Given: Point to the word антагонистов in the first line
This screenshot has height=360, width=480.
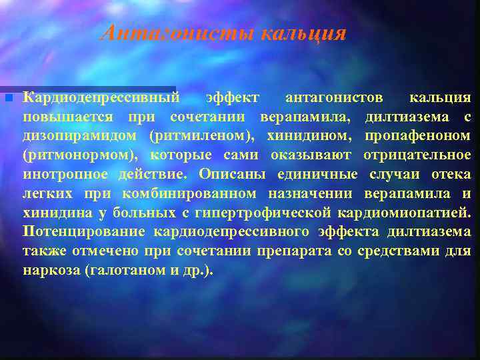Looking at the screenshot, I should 334,98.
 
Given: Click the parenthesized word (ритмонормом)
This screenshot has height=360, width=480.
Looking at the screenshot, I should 79,155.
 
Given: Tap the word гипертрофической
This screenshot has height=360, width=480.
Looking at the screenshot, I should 275,213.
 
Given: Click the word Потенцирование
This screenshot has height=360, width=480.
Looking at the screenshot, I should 84,232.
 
